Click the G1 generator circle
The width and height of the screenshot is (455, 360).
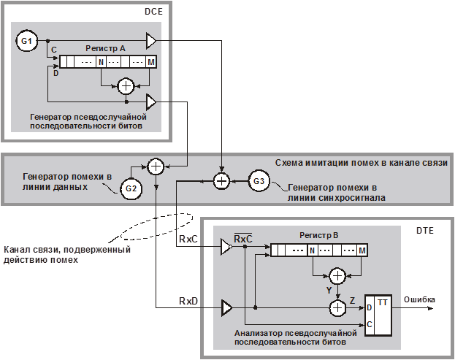click(26, 42)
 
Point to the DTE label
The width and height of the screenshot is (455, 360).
click(424, 231)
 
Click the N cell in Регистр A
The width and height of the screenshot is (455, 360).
click(101, 62)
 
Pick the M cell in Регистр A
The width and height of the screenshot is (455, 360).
click(150, 62)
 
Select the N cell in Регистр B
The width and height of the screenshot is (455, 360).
click(312, 250)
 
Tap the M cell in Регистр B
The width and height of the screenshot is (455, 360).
click(362, 250)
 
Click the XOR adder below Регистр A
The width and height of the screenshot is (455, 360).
click(126, 86)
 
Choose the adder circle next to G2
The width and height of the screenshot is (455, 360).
click(155, 166)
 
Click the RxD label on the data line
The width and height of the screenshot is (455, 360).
click(189, 300)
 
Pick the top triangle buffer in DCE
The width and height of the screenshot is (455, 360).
click(151, 39)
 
